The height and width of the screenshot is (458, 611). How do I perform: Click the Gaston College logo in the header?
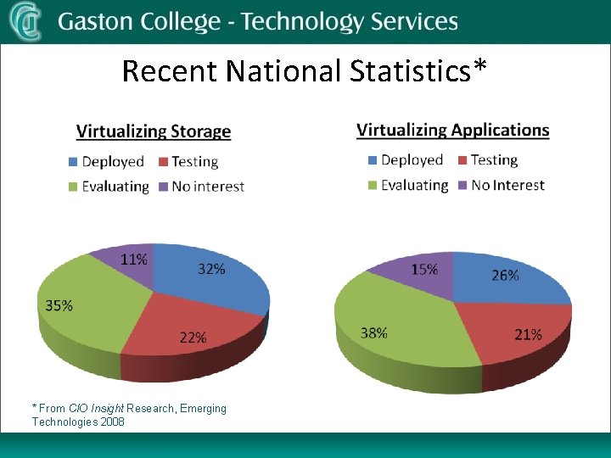tap(25, 21)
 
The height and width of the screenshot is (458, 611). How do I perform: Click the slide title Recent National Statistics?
tap(305, 70)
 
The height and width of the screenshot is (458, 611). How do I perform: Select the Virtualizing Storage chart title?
tap(154, 131)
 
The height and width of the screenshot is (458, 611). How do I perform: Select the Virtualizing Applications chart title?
tap(452, 130)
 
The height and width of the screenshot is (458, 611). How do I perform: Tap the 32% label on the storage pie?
tap(211, 269)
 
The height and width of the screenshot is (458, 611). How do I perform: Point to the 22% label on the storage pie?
tap(193, 337)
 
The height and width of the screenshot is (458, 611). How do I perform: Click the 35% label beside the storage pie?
tap(59, 305)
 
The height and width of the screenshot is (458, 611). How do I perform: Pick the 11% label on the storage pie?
tap(133, 260)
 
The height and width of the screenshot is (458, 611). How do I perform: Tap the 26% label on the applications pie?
tap(505, 276)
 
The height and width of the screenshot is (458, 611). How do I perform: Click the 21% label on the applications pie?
tap(528, 334)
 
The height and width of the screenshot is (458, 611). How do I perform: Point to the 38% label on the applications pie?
tap(374, 332)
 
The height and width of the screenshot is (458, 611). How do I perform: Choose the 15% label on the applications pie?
tap(424, 269)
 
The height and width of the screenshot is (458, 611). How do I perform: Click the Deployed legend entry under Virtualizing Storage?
tap(112, 161)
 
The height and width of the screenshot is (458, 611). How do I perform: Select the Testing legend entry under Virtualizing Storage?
tap(194, 161)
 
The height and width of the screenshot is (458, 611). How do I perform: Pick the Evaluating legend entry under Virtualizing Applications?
tap(414, 185)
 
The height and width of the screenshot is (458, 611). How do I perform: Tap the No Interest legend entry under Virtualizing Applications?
tap(507, 185)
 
